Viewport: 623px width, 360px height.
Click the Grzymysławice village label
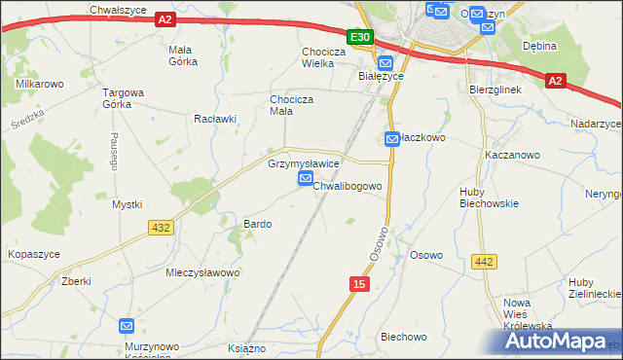click(303, 164)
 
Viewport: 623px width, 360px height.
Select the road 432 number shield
click(161, 227)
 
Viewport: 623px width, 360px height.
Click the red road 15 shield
click(359, 282)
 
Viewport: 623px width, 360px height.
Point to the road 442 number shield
click(484, 262)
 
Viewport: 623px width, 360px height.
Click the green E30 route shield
click(360, 36)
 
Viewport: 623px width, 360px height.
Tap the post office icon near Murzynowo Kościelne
click(127, 327)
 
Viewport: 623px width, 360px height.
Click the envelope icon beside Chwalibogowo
click(306, 180)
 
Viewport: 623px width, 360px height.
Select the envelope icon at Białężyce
click(385, 62)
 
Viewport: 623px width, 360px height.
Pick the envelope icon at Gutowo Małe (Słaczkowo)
click(392, 139)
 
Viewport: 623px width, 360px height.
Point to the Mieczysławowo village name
click(202, 272)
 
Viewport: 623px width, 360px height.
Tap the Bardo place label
click(257, 224)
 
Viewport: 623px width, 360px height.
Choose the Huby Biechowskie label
click(489, 198)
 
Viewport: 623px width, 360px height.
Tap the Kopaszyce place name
click(34, 253)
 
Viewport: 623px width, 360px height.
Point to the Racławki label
click(215, 119)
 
